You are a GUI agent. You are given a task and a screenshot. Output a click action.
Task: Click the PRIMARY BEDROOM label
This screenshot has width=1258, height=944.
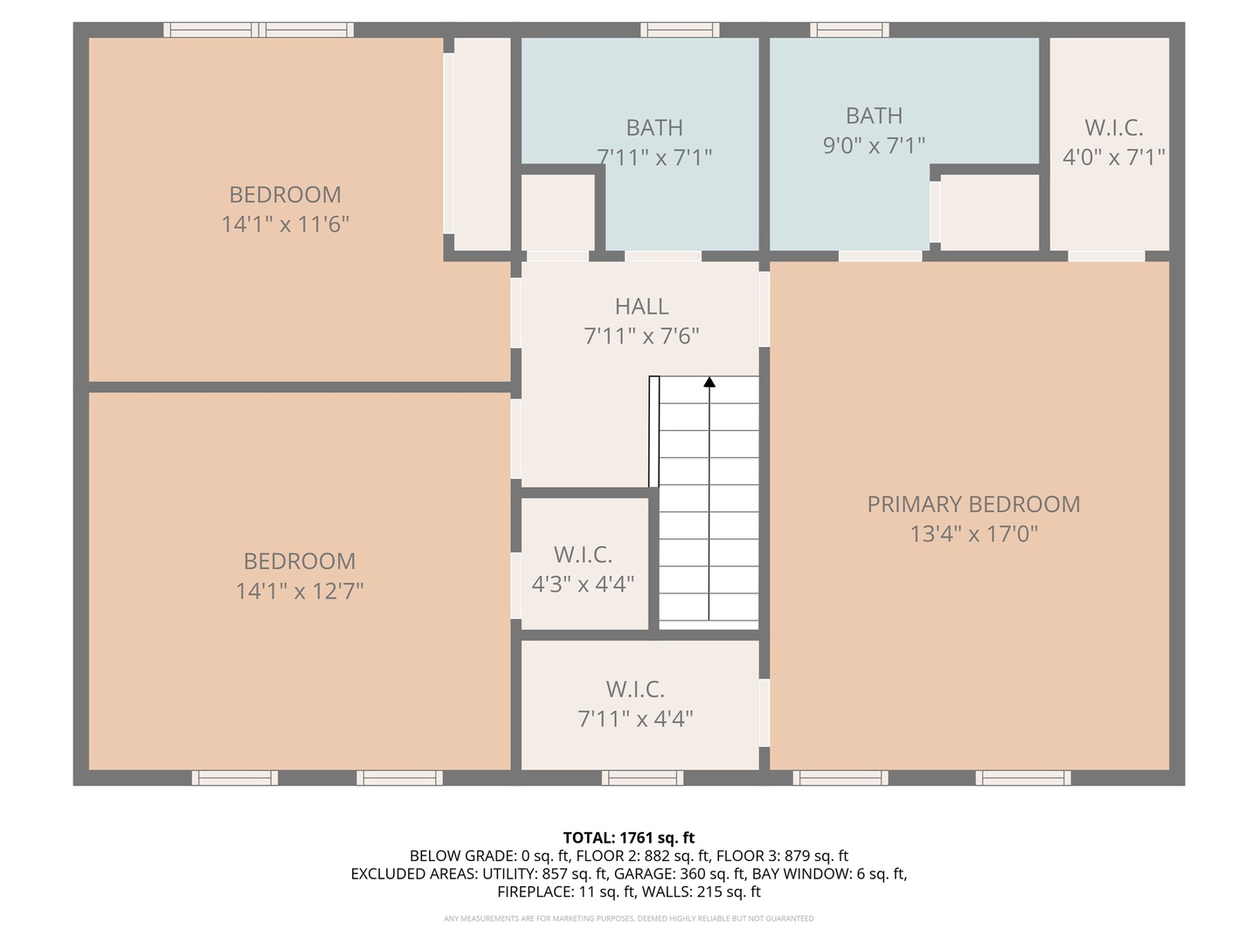973,504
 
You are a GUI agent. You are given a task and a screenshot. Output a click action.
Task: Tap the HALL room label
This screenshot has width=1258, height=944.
641,307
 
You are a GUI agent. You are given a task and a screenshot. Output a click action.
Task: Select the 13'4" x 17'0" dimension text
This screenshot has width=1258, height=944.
974,533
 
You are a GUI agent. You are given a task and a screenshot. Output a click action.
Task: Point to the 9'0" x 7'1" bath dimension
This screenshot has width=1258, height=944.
874,145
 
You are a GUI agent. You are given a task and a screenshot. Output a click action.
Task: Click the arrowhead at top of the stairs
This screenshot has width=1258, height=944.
709,382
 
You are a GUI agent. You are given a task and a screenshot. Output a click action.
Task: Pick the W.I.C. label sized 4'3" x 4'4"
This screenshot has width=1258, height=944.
583,554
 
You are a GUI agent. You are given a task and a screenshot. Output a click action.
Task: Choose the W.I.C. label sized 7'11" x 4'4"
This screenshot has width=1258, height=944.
635,689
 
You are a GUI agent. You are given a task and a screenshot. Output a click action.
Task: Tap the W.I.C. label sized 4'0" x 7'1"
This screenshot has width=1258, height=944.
1114,128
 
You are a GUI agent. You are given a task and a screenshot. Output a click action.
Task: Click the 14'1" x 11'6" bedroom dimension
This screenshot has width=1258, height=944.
285,224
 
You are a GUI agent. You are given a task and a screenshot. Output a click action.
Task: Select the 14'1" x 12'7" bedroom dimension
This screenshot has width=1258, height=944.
299,590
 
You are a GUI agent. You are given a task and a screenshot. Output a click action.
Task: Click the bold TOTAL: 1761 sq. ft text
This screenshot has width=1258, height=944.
629,837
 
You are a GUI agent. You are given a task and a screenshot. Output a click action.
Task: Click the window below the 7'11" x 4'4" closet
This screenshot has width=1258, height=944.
642,778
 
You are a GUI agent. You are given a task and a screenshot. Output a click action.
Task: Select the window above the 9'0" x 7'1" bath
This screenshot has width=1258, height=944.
849,30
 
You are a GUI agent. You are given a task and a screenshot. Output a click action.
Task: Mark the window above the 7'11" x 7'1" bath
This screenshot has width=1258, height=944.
680,30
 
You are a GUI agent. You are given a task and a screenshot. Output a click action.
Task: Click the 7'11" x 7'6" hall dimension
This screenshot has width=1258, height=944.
641,336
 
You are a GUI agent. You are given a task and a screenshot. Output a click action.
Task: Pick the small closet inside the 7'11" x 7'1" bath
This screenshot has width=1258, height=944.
557,212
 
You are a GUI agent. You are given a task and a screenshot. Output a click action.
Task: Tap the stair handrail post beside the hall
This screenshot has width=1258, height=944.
654,432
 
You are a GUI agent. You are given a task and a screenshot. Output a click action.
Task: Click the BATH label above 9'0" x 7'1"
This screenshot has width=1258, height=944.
874,115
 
